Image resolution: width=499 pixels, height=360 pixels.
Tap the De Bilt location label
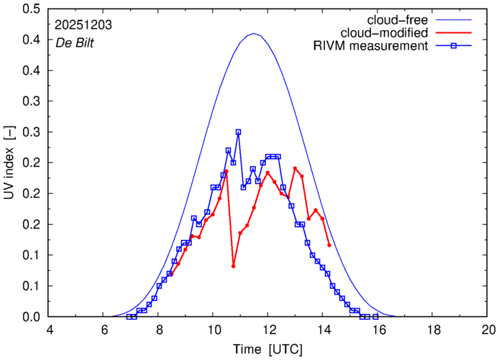point(75,42)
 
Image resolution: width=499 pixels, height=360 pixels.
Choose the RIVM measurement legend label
point(371,47)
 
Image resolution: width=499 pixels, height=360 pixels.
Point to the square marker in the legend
point(459,47)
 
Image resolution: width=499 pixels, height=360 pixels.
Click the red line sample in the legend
point(459,33)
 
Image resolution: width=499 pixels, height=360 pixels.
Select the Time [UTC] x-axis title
point(267,349)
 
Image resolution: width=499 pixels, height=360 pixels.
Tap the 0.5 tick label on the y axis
point(31,9)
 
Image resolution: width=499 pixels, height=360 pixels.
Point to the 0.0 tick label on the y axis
point(31,317)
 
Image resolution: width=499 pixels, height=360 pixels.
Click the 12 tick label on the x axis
point(267,331)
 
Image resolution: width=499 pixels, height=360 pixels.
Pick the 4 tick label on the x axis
point(49,331)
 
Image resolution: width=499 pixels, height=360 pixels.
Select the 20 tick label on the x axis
point(488,331)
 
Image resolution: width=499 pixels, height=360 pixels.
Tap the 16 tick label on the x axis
point(378,331)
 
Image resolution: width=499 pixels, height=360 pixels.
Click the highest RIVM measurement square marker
point(238,132)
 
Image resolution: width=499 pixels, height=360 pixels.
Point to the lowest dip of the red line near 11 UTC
point(234,266)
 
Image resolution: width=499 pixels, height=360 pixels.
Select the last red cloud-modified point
point(329,245)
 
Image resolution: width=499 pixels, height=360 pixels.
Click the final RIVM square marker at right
point(375,317)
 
